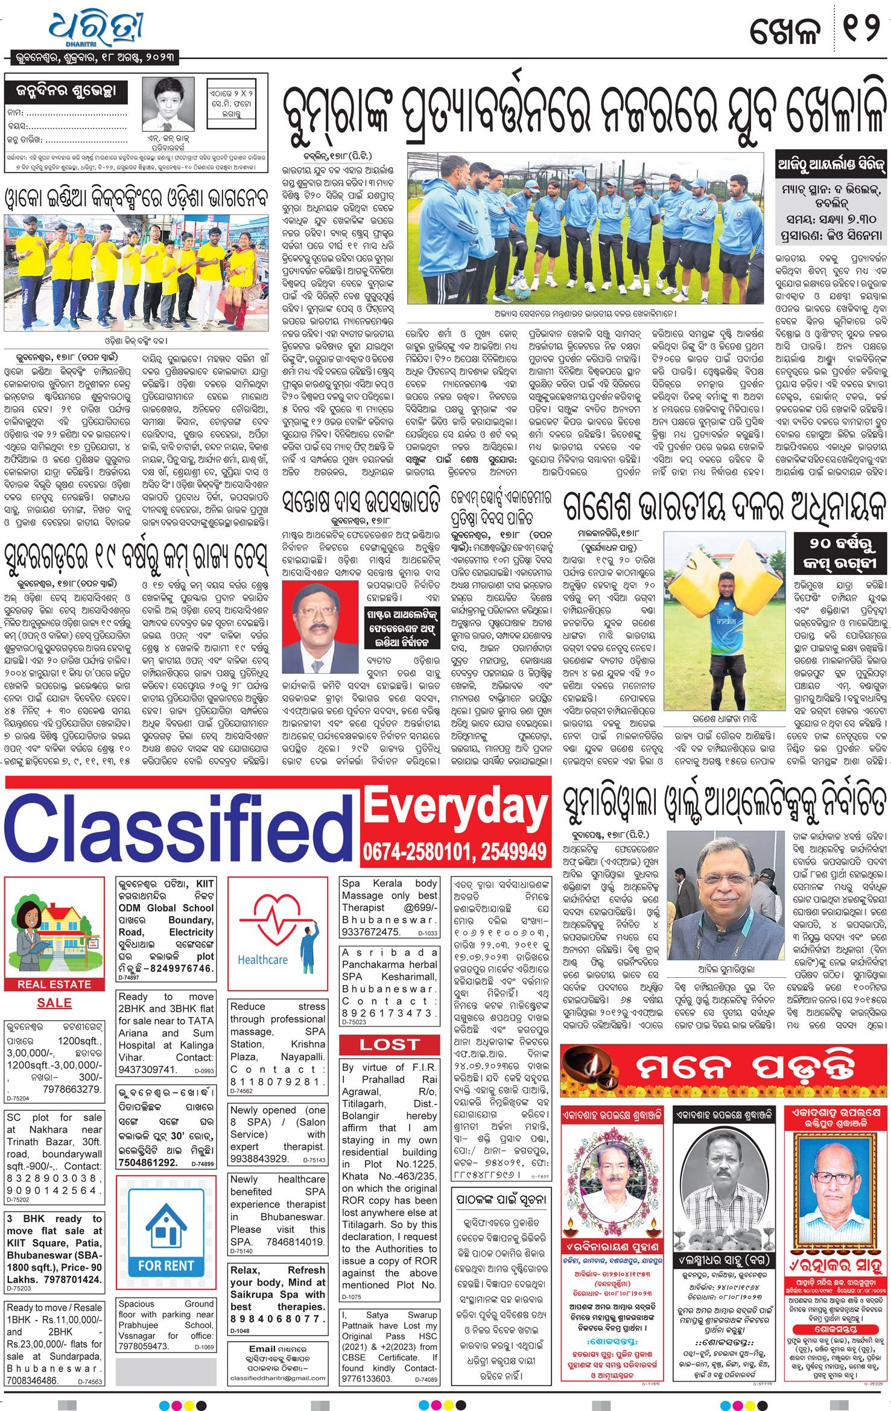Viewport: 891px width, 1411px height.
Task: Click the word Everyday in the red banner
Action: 456,807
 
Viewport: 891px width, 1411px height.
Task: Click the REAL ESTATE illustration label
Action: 54,985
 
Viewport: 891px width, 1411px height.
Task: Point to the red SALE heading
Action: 54,1003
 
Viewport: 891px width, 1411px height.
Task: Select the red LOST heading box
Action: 389,1044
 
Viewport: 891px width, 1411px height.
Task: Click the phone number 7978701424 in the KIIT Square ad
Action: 72,1279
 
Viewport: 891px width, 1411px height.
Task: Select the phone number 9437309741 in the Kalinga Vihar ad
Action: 147,1070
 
